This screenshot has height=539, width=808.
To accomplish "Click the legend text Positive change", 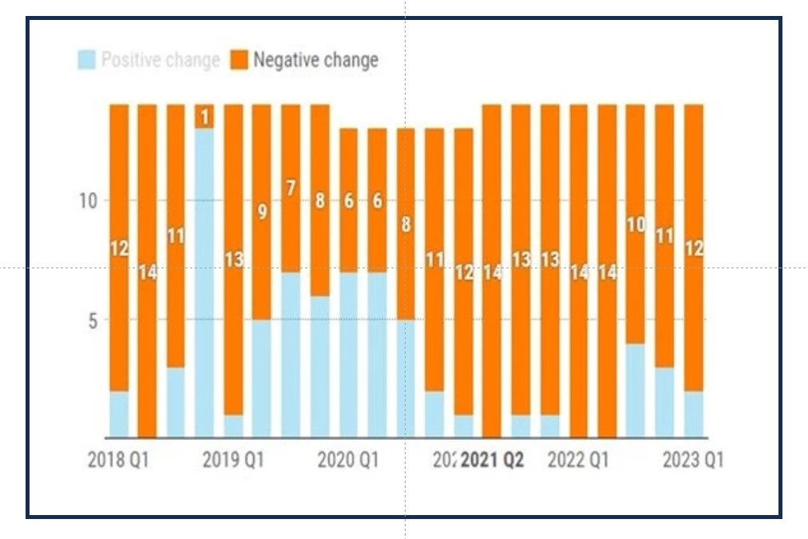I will (x=160, y=60).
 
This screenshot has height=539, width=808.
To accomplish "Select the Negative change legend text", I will (x=315, y=60).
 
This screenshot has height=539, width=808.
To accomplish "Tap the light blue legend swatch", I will (x=87, y=60).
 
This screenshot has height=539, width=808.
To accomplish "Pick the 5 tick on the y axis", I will (x=91, y=320).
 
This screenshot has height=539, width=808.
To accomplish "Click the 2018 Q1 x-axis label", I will (x=117, y=461).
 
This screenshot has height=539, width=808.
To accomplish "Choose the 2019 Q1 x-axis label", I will (x=233, y=461).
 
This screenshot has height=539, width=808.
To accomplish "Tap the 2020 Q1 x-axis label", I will (x=348, y=461).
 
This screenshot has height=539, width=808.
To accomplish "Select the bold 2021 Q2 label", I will (x=493, y=461).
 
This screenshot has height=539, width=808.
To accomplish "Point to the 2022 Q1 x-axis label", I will (x=578, y=461).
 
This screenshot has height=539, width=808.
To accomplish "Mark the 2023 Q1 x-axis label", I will (x=692, y=461).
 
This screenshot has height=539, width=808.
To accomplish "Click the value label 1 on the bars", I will (x=204, y=117).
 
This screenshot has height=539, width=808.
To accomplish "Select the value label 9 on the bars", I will (x=262, y=212).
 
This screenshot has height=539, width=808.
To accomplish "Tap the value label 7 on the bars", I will (x=291, y=188).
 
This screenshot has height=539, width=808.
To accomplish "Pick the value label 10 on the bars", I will (x=636, y=225).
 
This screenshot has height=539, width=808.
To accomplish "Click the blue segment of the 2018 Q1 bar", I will (x=119, y=414).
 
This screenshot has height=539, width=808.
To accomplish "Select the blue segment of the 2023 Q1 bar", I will (x=694, y=414).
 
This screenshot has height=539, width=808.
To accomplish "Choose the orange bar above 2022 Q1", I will (x=578, y=271).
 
